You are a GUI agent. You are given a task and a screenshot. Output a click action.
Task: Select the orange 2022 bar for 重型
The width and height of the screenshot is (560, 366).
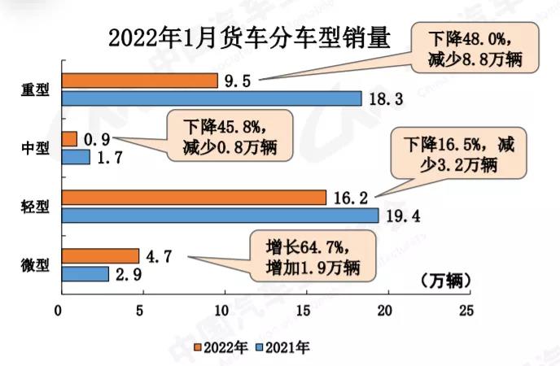139,81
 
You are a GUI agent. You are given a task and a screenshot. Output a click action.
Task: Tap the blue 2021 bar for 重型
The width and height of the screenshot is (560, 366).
211,98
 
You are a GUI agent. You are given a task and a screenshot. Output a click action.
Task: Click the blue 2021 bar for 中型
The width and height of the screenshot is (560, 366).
75,157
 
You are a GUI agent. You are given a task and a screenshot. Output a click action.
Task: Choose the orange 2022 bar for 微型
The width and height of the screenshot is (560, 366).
99,256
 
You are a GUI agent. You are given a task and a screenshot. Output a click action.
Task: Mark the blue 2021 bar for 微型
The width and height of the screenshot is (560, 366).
85,274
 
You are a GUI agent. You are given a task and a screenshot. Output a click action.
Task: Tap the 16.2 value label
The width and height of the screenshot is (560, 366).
349,198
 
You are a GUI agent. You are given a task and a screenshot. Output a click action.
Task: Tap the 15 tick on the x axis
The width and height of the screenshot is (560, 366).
304,311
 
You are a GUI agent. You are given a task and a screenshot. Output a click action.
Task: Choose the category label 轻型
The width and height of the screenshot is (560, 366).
33,207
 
